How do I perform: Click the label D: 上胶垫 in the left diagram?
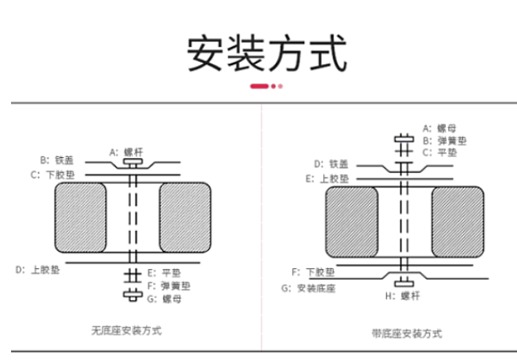click(x=37, y=270)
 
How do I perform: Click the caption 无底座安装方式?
click(x=127, y=330)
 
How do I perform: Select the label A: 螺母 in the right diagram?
click(x=440, y=128)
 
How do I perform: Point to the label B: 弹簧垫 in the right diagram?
click(x=444, y=140)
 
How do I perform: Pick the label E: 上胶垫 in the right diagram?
click(x=327, y=178)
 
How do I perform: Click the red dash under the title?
click(x=258, y=87)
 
